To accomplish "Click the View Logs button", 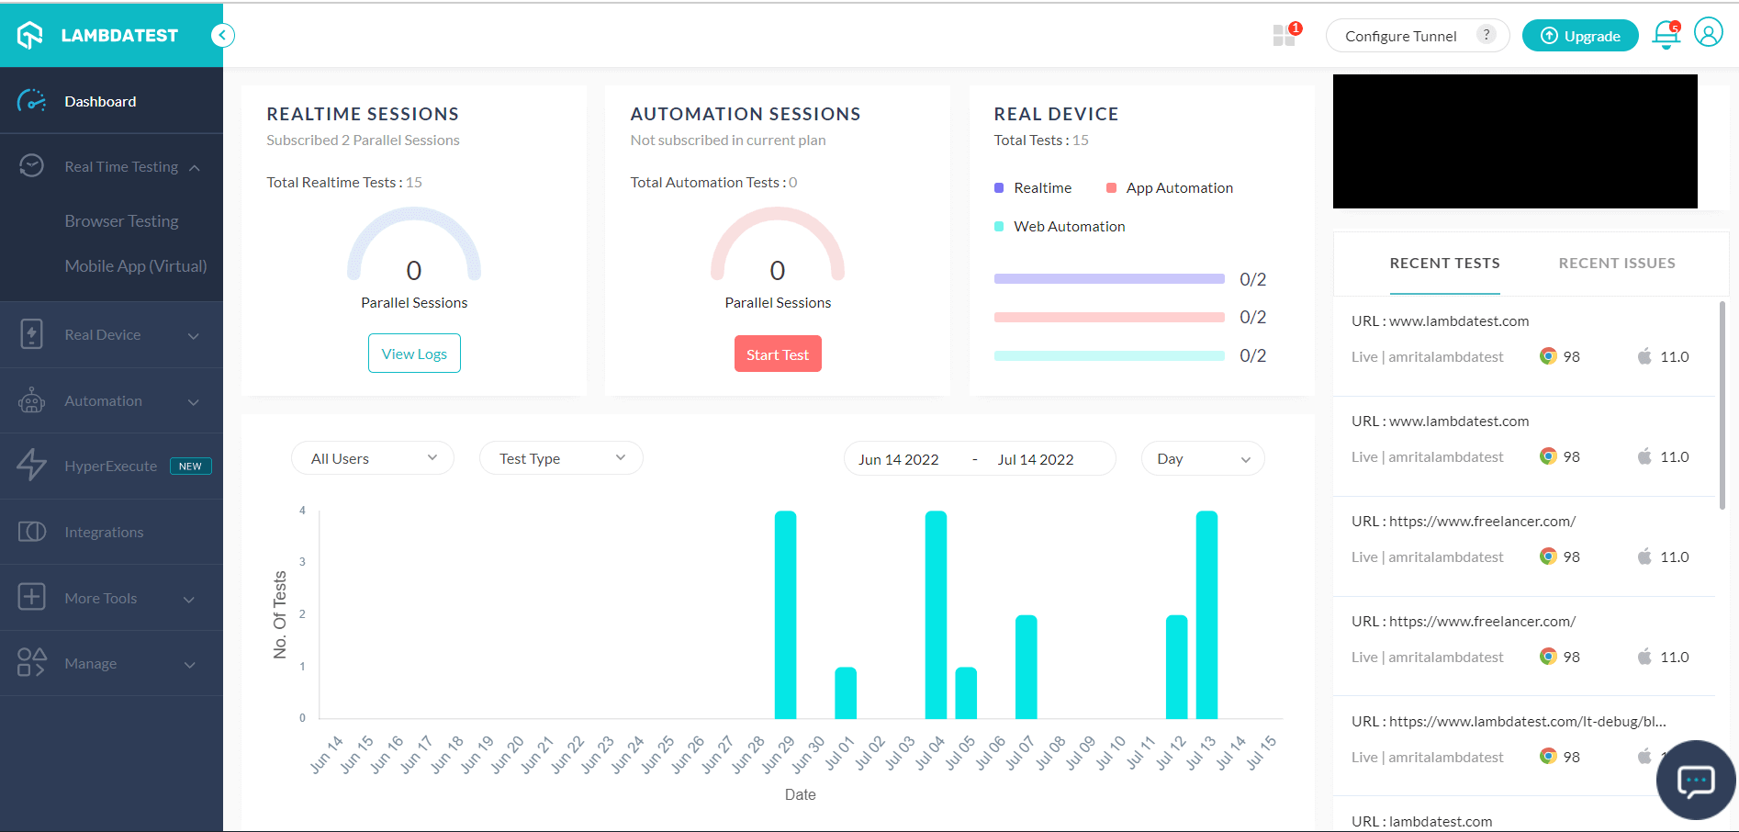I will coord(414,354).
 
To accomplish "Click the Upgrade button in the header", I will coord(1579,36).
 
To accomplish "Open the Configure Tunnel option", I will coord(1400,36).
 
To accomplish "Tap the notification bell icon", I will coord(1666,35).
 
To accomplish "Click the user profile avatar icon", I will coord(1708,33).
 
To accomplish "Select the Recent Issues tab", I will coord(1616,264).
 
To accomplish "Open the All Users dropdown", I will coord(372,458).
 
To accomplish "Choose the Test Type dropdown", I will coord(561,458).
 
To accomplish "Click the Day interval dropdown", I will coord(1202,458).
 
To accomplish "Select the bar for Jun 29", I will coord(785,615).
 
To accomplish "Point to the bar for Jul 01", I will coord(846,693).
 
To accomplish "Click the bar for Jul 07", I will coord(1026,667).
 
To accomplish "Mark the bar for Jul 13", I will coord(1206,615).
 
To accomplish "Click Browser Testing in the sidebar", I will coord(121,221).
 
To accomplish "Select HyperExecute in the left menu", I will coord(111,467).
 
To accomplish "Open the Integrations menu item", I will coord(104,533).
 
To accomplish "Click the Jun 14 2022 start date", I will coord(898,459).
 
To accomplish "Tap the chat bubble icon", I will coord(1695,781).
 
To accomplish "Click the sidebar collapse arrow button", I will coord(222,35).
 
